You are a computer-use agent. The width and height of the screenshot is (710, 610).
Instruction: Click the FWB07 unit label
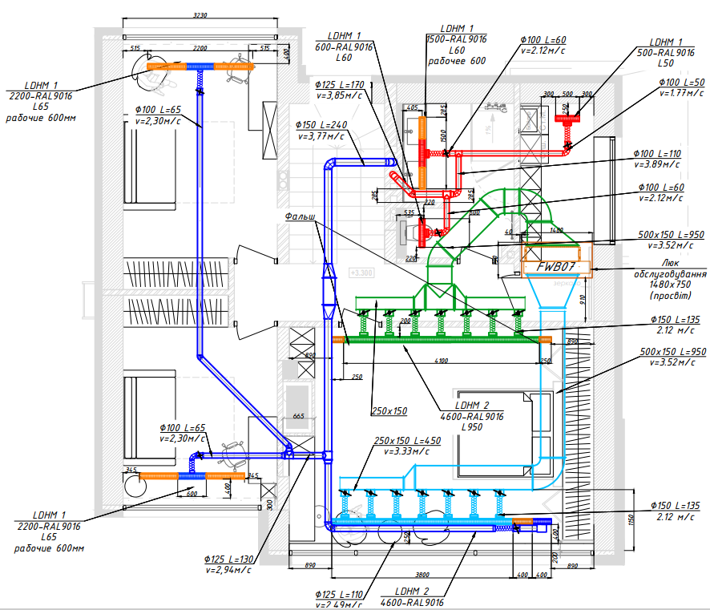557,265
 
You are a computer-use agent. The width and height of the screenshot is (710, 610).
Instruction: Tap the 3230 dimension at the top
201,16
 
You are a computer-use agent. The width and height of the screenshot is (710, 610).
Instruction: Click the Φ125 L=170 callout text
339,85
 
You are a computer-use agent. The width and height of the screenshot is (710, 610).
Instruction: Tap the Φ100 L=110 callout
656,153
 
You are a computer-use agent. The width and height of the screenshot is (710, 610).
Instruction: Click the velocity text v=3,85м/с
340,95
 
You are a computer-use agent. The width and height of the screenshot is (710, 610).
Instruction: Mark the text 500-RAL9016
665,52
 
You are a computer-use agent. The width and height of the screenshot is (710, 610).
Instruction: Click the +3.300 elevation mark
362,273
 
